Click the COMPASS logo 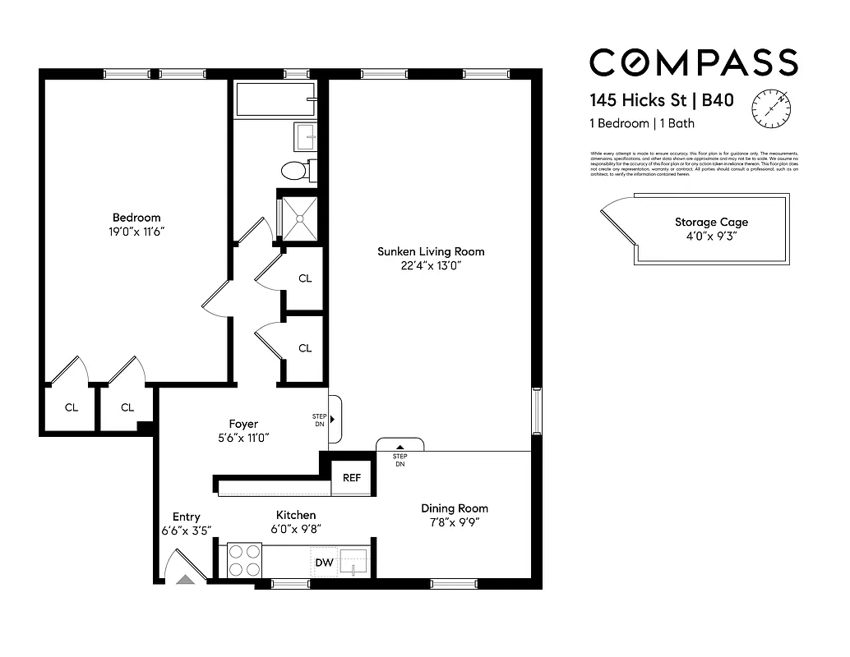point(693,63)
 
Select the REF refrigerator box point(351,478)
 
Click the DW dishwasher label point(325,563)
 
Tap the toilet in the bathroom point(293,170)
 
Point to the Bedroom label point(136,218)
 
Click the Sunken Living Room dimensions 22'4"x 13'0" point(431,265)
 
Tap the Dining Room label point(455,508)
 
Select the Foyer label point(243,424)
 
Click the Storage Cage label point(711,222)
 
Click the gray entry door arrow point(186,579)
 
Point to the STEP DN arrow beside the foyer point(332,420)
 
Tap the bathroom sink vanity point(305,136)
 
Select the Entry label point(186,517)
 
